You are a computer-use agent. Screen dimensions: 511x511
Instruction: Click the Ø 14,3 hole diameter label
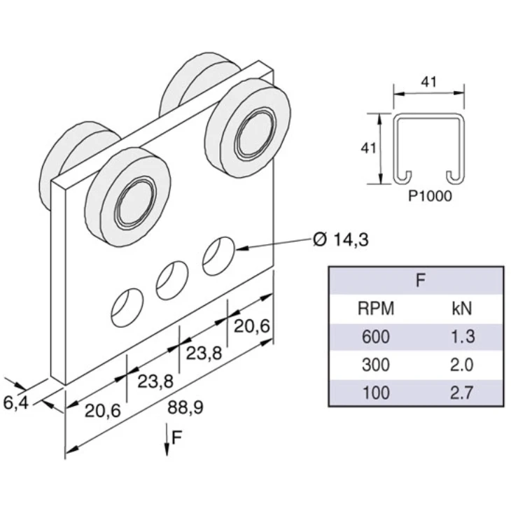point(342,240)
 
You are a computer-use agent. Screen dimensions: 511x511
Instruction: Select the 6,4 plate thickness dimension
point(15,402)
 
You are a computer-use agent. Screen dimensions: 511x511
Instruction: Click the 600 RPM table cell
point(376,337)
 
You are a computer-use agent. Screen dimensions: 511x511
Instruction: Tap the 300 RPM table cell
point(376,365)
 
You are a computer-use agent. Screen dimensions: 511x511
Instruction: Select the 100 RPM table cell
point(376,392)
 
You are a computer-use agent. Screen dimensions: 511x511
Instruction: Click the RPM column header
point(376,309)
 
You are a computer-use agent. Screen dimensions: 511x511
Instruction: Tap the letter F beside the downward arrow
point(178,437)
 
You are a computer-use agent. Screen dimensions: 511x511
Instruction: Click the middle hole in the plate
point(171,280)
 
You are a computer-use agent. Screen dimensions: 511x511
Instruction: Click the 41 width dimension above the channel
point(429,82)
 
